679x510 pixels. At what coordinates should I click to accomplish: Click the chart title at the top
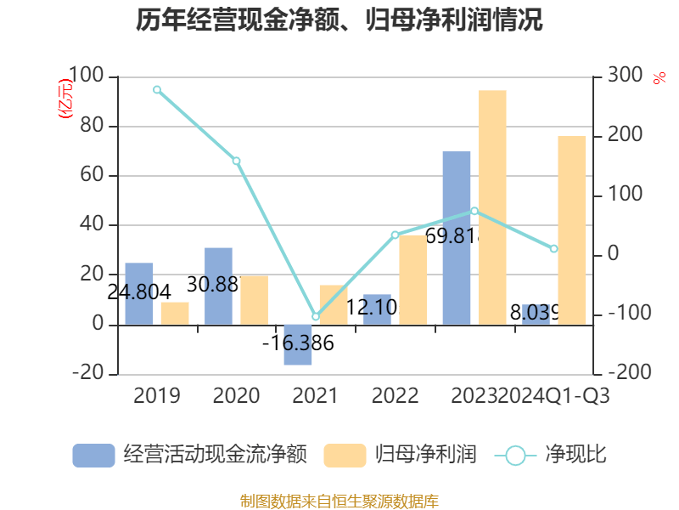[339, 20]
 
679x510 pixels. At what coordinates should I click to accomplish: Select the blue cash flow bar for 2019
[139, 294]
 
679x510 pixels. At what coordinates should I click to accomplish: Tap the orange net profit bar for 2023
[491, 207]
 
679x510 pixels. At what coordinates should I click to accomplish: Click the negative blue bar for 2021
[298, 344]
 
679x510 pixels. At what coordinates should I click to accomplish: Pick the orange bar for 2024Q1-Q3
[571, 229]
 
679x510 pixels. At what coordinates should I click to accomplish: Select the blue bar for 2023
[457, 238]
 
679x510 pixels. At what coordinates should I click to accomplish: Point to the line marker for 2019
[157, 89]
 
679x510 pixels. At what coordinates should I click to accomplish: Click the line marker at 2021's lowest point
[316, 317]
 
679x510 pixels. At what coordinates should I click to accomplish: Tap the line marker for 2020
[236, 161]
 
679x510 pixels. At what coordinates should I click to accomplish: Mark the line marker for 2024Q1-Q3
[553, 249]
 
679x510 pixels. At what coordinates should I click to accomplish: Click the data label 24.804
[139, 292]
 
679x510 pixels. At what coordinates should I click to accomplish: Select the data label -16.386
[298, 344]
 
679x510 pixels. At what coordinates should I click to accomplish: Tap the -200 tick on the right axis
[625, 373]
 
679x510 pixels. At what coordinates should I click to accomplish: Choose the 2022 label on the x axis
[395, 396]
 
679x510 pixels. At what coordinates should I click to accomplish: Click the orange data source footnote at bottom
[339, 501]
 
